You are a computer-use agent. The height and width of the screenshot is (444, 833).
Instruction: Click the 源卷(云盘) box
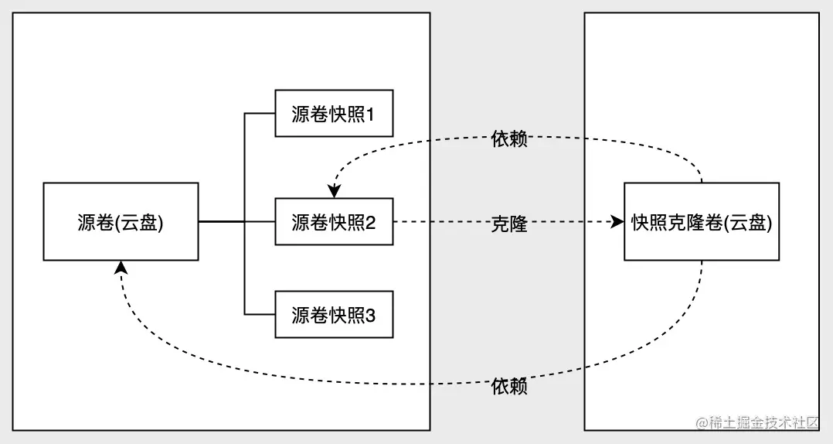pos(121,221)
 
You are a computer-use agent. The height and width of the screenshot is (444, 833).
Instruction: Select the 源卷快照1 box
pos(334,114)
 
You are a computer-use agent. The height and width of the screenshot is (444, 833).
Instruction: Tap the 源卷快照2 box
pos(334,221)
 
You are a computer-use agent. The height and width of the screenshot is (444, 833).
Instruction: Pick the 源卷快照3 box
pos(334,314)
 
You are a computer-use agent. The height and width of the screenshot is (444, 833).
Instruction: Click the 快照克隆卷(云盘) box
pos(701,221)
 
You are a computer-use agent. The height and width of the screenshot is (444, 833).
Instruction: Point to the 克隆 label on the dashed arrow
pos(509,224)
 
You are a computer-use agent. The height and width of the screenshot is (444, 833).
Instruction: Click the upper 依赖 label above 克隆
pos(509,139)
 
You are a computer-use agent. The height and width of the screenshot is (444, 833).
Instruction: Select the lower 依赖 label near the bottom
pos(509,386)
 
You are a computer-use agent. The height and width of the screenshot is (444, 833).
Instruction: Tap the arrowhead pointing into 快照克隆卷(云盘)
pos(617,222)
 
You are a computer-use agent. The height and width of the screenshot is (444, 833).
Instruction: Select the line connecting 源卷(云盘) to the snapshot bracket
pos(221,222)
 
